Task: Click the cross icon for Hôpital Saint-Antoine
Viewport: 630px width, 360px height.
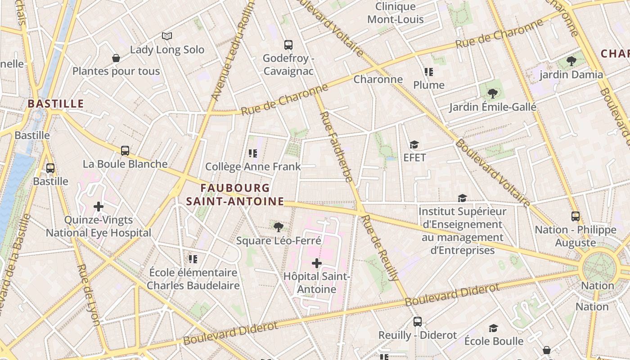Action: tap(317, 263)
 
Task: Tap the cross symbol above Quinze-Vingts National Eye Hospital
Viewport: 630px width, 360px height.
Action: tap(99, 207)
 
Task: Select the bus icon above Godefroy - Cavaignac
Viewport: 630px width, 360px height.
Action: tap(288, 45)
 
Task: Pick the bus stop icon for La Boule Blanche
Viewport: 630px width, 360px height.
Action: tap(125, 151)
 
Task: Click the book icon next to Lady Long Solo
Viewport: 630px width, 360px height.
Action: tap(167, 36)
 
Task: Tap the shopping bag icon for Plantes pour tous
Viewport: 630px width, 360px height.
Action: tap(116, 58)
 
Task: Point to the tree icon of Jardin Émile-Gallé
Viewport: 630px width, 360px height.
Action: tap(493, 94)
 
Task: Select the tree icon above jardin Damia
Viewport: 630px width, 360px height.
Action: tap(571, 61)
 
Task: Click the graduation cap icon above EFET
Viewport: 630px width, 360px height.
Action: tap(414, 144)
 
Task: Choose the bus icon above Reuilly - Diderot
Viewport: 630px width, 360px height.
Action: tap(418, 322)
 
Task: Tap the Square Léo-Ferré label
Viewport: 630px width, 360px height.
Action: tap(279, 241)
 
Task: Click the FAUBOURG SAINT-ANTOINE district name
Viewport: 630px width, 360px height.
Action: tap(235, 194)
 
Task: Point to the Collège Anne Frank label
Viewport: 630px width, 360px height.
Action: tap(253, 166)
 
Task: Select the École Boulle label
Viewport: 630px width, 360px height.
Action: tap(494, 341)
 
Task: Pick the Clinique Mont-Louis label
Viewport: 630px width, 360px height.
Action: tap(396, 13)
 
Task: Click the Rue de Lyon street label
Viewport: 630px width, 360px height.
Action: tap(88, 295)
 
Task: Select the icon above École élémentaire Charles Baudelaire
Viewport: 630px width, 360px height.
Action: tap(193, 259)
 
